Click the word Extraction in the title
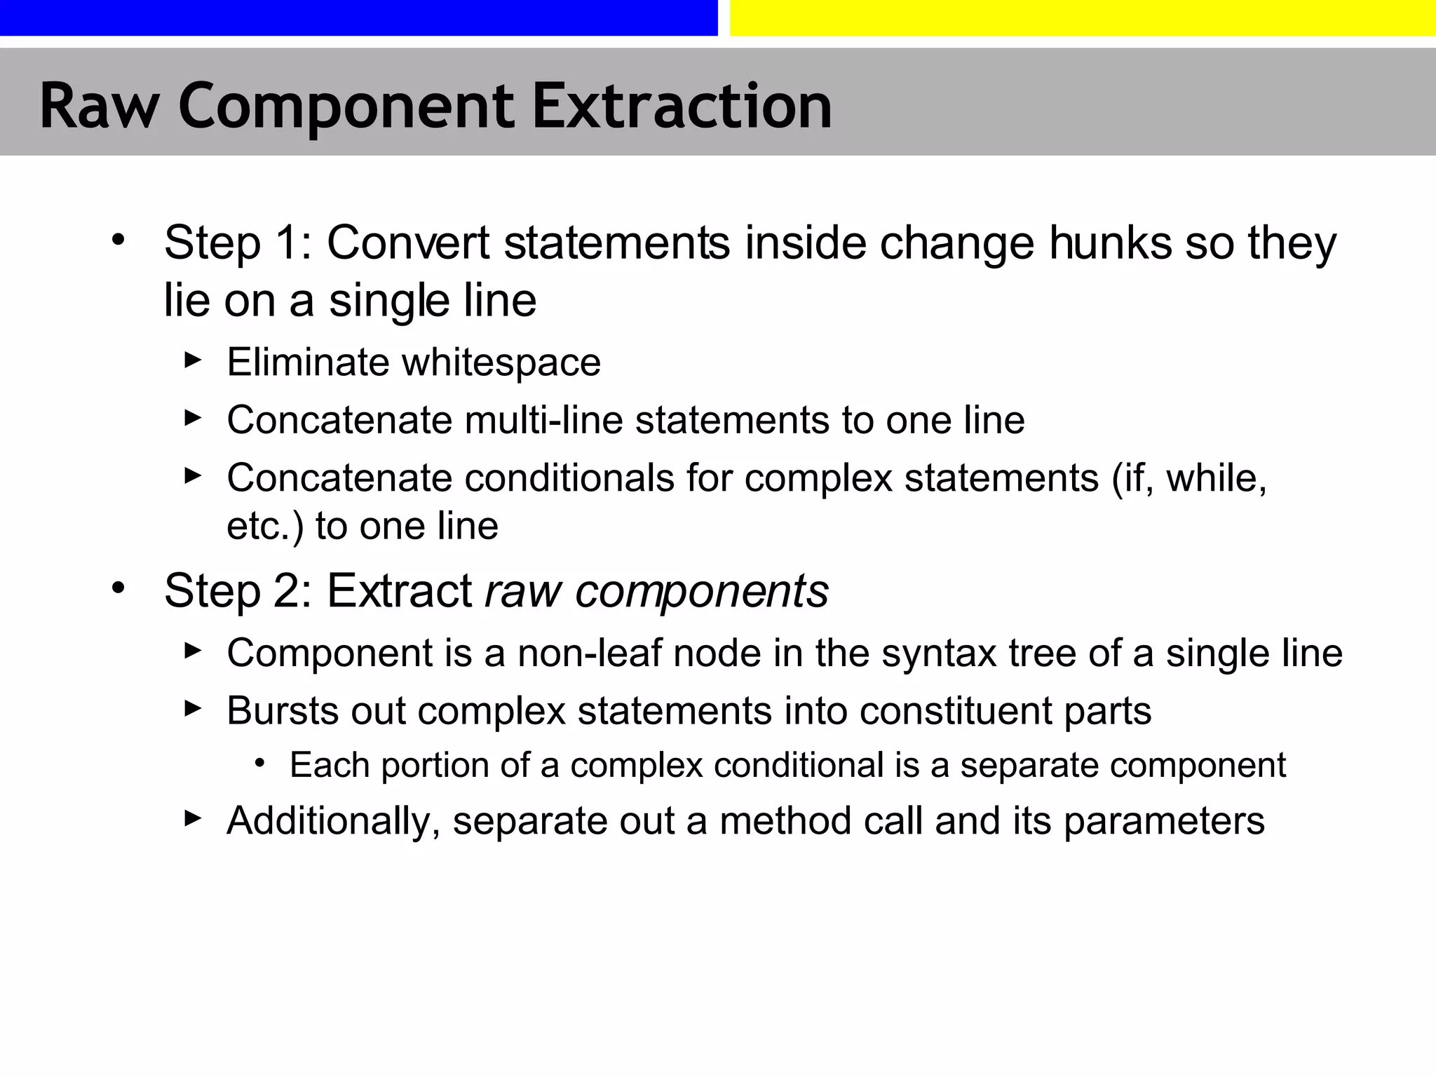pos(682,107)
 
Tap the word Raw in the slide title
pos(99,107)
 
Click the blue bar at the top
pos(358,18)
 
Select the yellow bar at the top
pos(1083,18)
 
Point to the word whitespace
pos(501,363)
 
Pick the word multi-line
pos(543,420)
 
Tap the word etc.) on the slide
pos(266,526)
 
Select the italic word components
pos(702,590)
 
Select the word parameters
pos(1164,821)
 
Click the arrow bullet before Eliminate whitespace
pos(193,360)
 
